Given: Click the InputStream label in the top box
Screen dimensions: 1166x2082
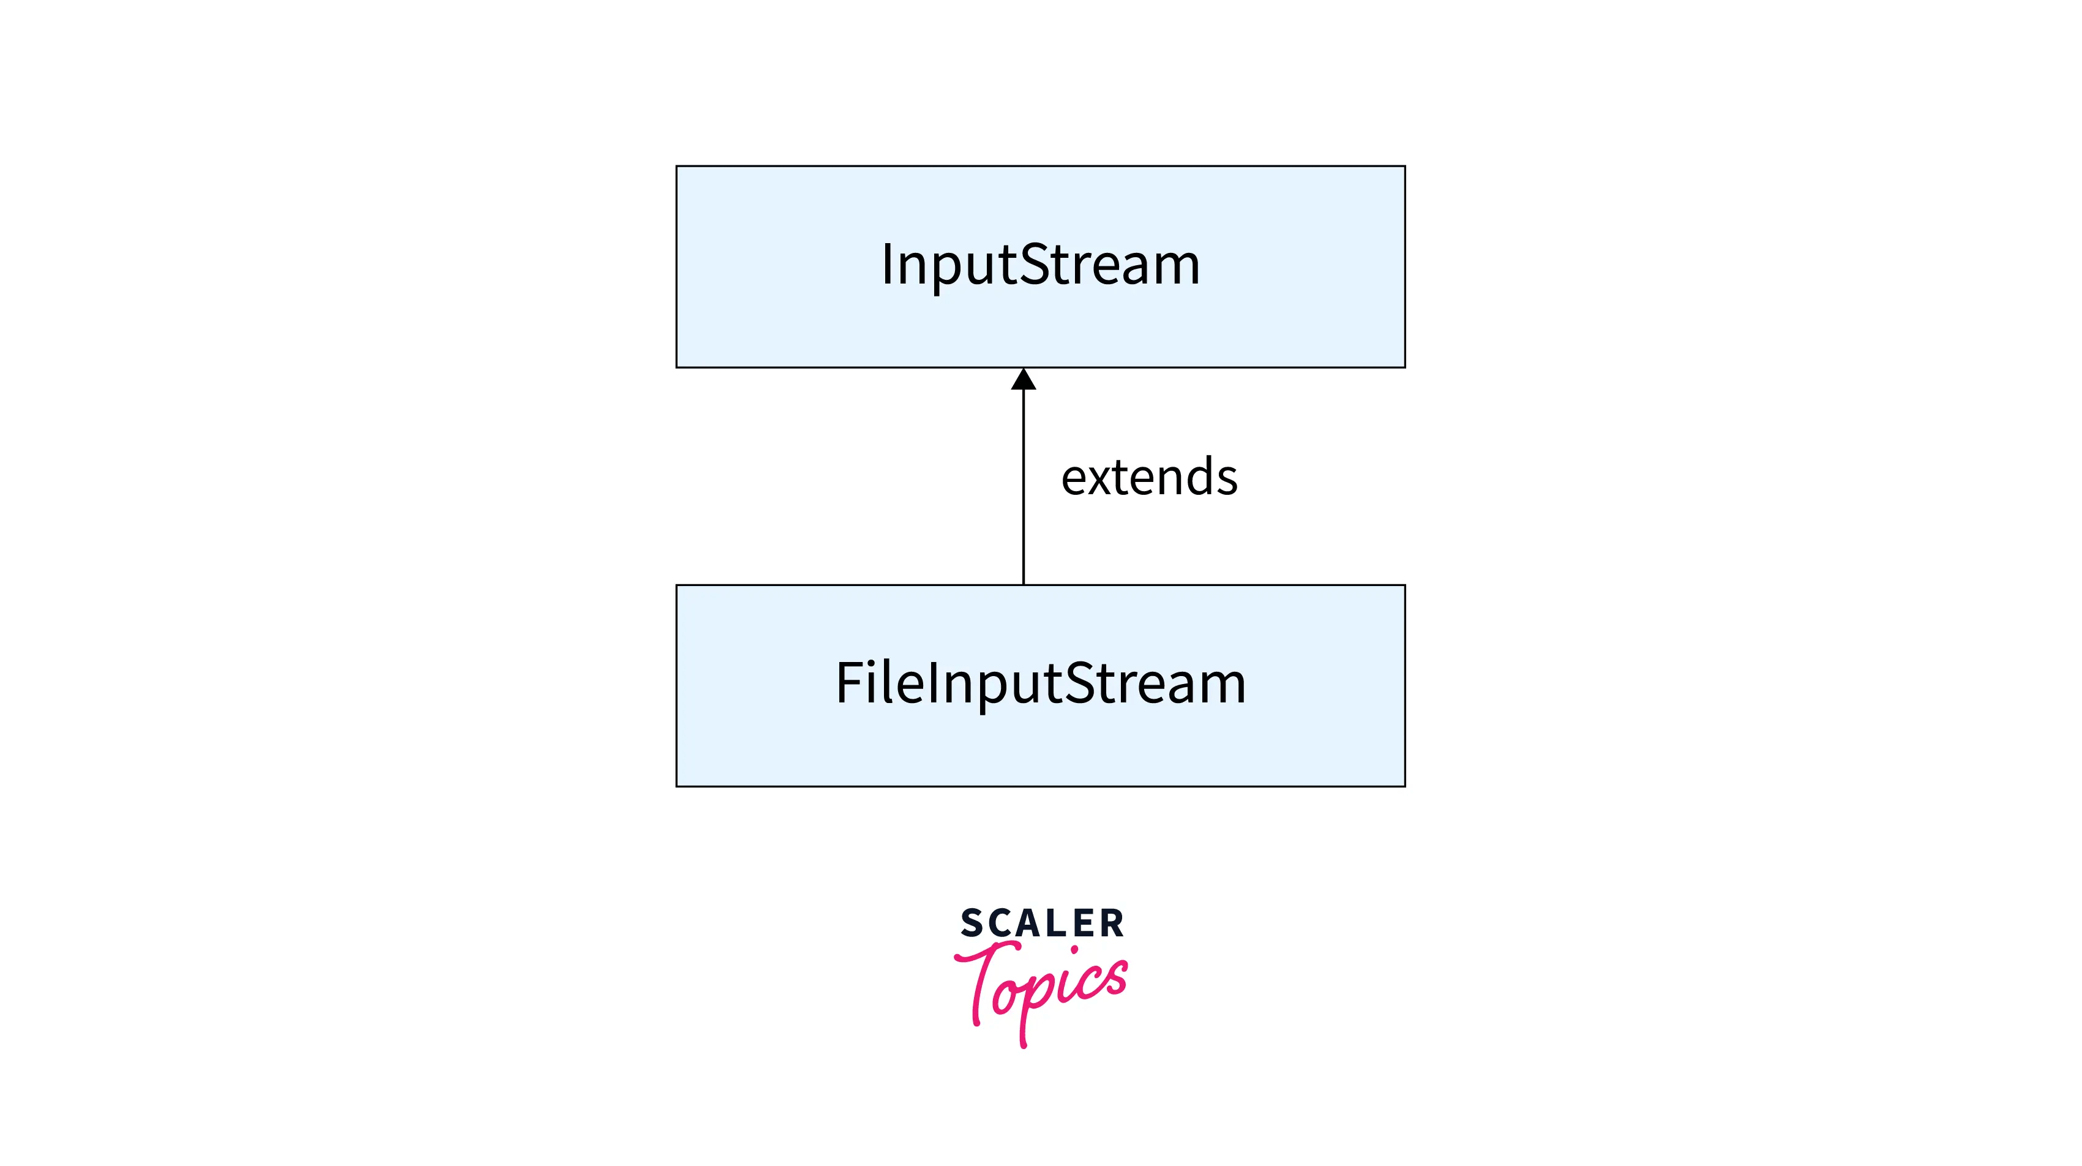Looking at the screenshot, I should coord(1040,265).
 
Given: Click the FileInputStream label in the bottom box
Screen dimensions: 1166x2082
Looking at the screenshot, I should coord(1040,683).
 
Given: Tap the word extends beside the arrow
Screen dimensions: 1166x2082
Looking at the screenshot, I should coord(1148,477).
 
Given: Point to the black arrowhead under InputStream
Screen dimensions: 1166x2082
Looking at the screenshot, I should coord(1023,379).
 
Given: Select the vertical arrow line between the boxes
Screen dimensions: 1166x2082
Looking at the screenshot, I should coord(1023,485).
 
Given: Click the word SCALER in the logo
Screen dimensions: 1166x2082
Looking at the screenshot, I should coord(1042,923).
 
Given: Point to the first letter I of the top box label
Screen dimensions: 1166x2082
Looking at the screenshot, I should coord(886,265).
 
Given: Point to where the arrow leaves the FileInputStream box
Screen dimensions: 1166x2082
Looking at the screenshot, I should coord(1023,584).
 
